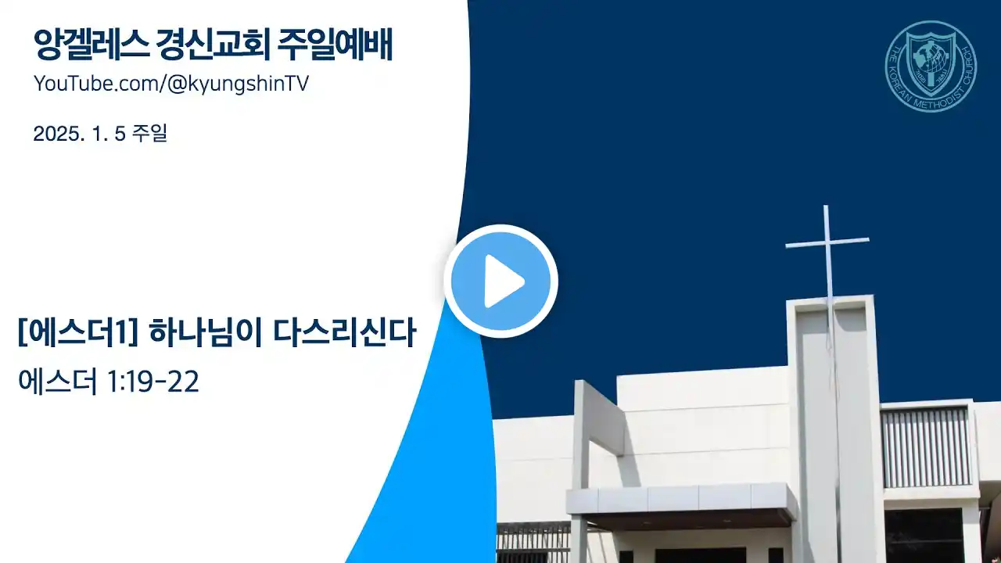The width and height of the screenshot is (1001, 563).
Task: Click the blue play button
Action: point(500,281)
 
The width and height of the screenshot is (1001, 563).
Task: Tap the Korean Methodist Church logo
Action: point(931,66)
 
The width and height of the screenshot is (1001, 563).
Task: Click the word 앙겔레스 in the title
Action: point(91,45)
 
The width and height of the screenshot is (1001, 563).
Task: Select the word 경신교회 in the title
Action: point(213,45)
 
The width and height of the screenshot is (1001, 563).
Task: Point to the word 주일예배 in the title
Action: point(335,45)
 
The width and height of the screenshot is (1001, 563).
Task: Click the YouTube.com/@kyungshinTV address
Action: point(171,84)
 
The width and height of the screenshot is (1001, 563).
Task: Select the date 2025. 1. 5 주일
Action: point(100,133)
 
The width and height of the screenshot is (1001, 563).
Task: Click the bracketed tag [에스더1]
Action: point(77,333)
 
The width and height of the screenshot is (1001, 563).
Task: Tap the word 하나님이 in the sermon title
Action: point(205,333)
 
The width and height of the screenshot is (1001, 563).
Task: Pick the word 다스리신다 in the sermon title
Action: point(344,333)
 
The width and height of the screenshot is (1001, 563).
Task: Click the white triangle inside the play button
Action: point(504,281)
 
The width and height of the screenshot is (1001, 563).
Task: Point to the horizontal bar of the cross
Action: point(827,243)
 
